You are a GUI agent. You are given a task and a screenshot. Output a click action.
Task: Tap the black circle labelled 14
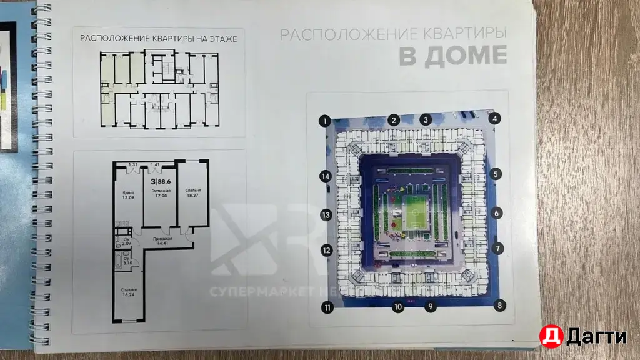coord(324,177)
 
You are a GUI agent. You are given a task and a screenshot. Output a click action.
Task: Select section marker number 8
coord(499,305)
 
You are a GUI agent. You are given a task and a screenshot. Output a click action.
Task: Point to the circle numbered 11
coord(326,307)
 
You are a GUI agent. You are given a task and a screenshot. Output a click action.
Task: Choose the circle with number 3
coord(426,119)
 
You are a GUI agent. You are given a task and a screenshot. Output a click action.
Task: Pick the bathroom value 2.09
coord(126,243)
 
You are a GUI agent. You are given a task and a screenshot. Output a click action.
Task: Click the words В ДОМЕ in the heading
coord(453,56)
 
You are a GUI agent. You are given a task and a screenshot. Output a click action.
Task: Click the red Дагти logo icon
coord(552,337)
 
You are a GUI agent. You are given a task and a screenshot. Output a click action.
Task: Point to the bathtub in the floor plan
coord(119,261)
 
